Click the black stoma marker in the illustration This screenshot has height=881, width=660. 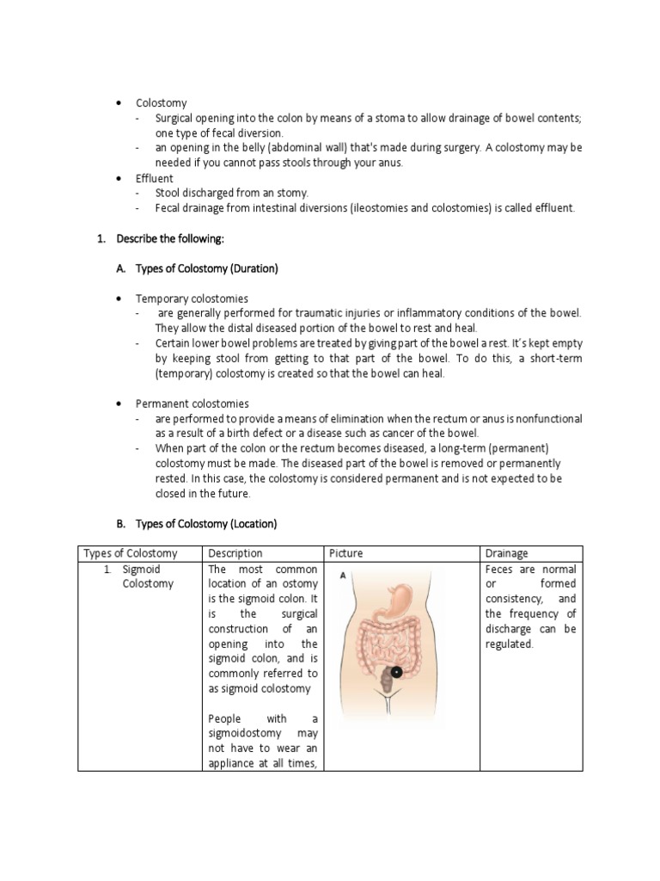click(x=396, y=671)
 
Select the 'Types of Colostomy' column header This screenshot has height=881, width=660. click(x=129, y=553)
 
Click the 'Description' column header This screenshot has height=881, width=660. click(x=235, y=553)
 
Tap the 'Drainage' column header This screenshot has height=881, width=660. click(x=506, y=553)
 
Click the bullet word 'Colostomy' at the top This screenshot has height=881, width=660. click(x=161, y=103)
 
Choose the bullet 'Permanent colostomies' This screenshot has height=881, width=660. click(x=192, y=404)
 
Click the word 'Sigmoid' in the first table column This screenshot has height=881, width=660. click(x=141, y=570)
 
